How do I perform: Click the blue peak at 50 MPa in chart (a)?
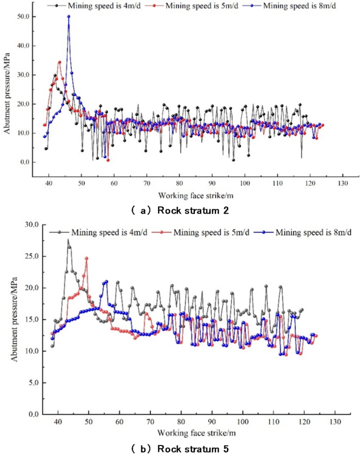coord(68,16)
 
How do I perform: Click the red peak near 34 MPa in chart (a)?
coord(59,62)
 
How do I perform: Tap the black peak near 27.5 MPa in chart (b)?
coord(68,240)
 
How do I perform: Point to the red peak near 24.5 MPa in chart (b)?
coord(87,258)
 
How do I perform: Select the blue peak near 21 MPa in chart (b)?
coord(106,281)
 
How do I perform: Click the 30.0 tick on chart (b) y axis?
coord(33,224)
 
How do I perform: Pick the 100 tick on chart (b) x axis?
coord(243,422)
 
